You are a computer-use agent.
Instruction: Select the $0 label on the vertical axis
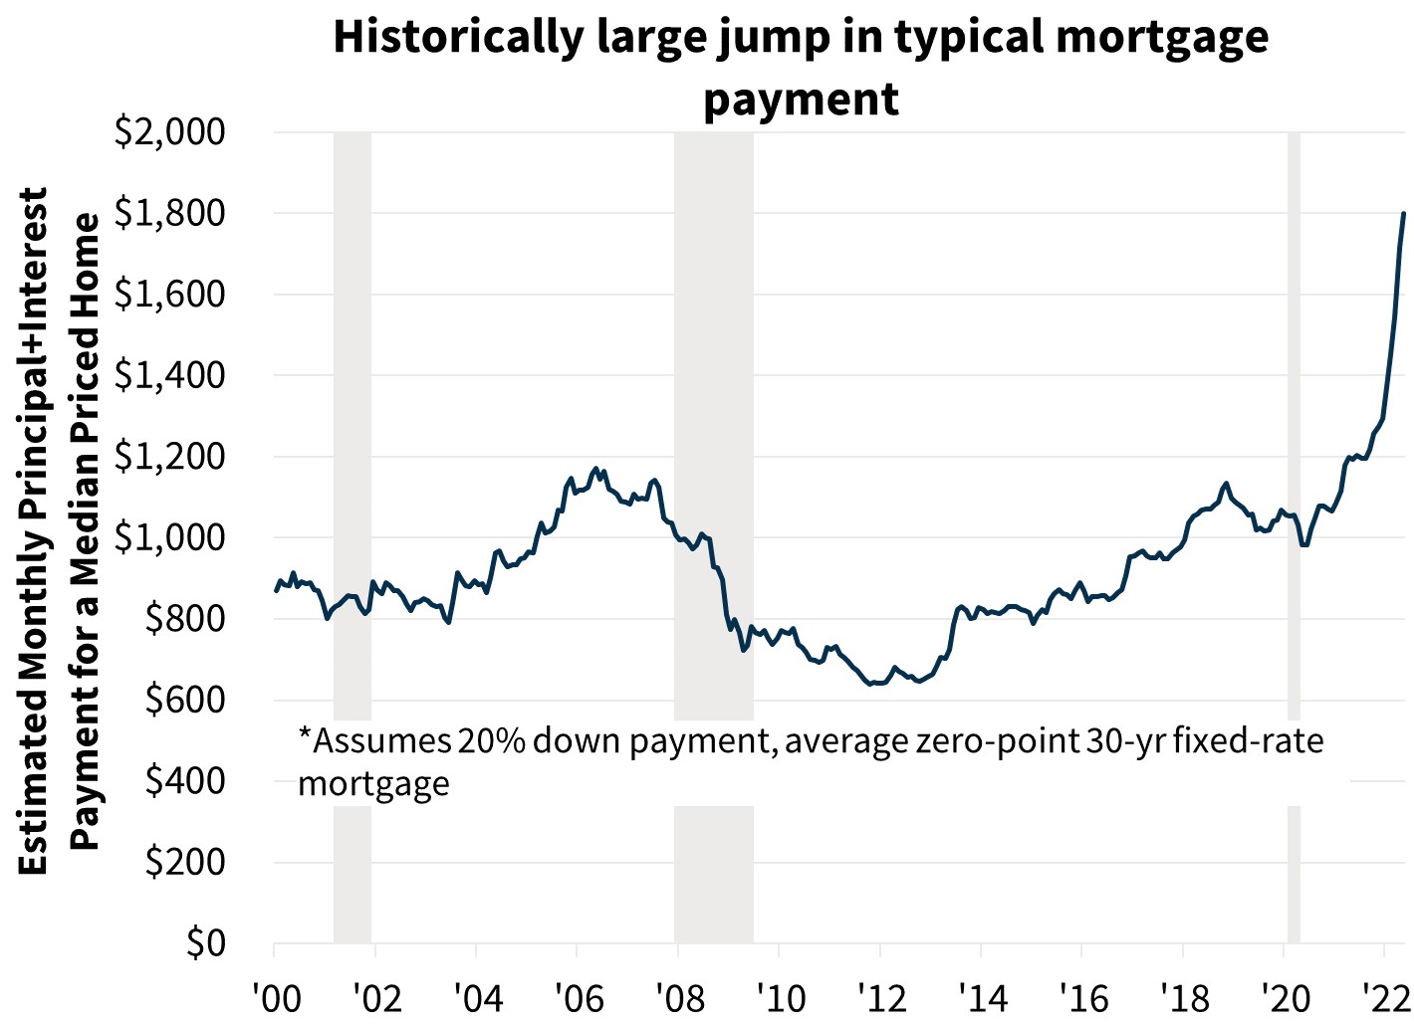click(x=206, y=942)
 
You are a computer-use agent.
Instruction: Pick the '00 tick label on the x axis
click(x=275, y=996)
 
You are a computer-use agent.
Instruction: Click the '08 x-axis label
click(x=678, y=996)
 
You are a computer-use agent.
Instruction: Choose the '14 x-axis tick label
click(x=981, y=996)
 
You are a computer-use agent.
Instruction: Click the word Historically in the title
click(x=457, y=38)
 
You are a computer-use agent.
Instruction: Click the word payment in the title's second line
click(x=801, y=99)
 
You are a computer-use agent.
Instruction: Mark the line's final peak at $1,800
click(x=1403, y=213)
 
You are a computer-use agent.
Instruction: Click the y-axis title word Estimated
click(x=33, y=786)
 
